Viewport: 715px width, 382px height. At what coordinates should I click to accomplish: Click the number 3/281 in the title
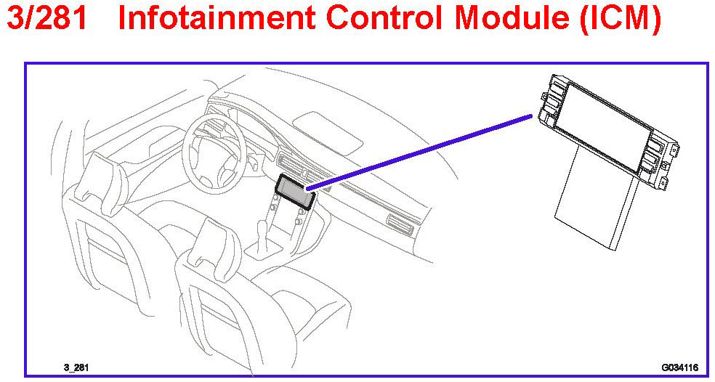pos(47,20)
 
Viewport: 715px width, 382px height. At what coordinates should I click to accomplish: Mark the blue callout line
pos(421,152)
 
